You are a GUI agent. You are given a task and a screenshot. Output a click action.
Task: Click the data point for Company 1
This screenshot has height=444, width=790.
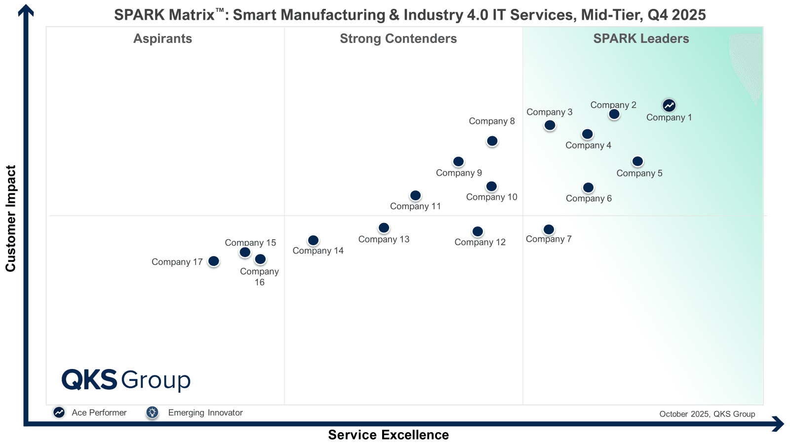[x=669, y=105]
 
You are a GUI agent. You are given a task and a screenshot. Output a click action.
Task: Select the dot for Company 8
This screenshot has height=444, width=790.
[x=492, y=141]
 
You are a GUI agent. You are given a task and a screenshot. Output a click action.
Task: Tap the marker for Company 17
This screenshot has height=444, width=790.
[x=213, y=261]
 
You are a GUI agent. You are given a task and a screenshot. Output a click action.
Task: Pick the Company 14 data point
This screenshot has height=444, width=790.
[x=313, y=240]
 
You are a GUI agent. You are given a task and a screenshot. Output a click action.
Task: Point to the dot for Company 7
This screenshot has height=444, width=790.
[x=549, y=229]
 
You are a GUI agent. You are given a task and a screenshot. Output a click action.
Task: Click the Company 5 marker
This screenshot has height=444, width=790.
[x=637, y=161]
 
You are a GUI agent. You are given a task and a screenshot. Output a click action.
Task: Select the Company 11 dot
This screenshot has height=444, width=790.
[x=416, y=195]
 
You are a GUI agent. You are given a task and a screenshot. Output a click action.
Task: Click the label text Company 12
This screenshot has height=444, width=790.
[x=480, y=242]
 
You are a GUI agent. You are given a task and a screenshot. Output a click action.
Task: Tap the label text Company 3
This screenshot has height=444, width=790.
[x=549, y=112]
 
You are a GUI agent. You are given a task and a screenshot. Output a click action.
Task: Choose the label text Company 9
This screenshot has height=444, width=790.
[x=459, y=173]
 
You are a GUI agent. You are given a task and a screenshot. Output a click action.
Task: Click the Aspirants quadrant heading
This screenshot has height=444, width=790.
[x=162, y=38]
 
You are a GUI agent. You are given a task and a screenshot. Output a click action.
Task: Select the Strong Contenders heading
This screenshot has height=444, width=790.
[x=398, y=38]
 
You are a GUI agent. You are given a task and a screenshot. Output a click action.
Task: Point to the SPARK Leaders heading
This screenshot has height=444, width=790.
[x=641, y=38]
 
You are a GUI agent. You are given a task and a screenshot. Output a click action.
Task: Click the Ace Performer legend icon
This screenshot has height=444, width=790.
[x=59, y=412]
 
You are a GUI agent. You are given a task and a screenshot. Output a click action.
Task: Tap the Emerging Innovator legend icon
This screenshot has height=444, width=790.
[x=152, y=412]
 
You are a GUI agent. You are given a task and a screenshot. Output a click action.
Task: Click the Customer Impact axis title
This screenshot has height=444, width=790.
[x=11, y=218]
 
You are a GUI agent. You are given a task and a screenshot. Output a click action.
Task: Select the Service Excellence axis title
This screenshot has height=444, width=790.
[x=389, y=435]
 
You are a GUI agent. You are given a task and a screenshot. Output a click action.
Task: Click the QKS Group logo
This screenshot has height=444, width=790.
[x=126, y=380]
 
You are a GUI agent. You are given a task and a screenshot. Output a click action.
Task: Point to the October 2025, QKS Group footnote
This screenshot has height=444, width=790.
[x=707, y=414]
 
